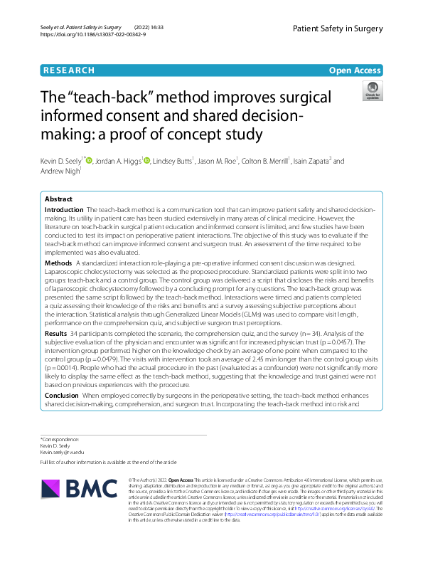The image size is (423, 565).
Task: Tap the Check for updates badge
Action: pyautogui.click(x=371, y=90)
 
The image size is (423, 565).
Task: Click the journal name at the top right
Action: pyautogui.click(x=337, y=28)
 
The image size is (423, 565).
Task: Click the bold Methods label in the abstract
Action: pyautogui.click(x=58, y=263)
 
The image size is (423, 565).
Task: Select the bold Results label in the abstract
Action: pyautogui.click(x=57, y=332)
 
